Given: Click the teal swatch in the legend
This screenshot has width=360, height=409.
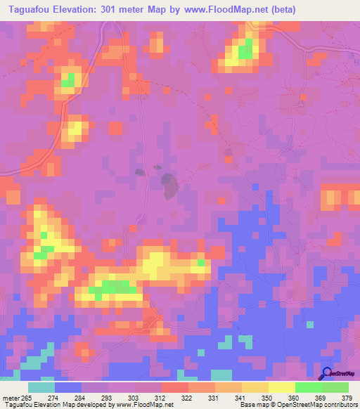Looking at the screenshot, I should (41, 388).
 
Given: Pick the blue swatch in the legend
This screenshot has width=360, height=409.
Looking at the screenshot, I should (68, 388).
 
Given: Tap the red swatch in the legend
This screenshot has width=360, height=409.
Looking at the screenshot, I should (175, 388).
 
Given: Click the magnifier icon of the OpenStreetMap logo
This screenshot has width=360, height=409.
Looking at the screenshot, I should (326, 374).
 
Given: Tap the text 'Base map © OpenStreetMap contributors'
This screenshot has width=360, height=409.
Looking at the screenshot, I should (297, 405).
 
